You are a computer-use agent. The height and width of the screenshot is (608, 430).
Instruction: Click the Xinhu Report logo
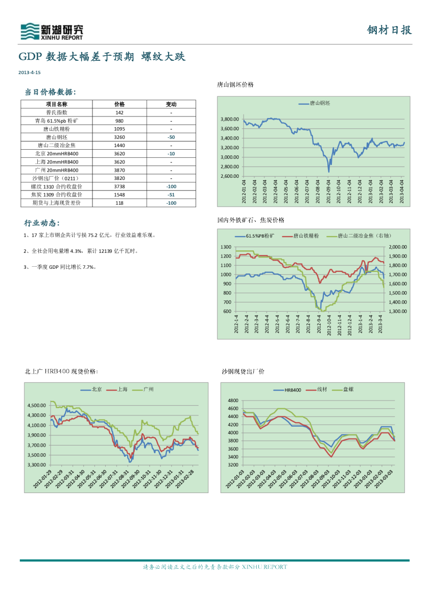[51, 32]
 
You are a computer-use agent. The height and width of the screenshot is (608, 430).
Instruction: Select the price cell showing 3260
[120, 137]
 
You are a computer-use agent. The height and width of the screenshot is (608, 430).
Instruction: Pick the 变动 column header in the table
[171, 104]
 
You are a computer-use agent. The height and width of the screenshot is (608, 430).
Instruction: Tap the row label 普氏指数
[57, 112]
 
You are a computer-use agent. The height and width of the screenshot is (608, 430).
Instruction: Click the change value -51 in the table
[171, 195]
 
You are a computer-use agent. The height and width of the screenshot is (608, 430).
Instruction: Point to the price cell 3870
[120, 170]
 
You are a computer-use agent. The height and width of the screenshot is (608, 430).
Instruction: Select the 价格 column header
[120, 104]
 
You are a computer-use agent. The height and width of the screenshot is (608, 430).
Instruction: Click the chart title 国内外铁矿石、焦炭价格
[250, 220]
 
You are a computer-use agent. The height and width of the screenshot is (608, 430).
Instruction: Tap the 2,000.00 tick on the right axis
[397, 247]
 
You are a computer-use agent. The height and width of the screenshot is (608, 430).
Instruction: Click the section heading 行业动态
[41, 223]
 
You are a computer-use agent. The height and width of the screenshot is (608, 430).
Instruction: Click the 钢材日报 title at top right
[389, 30]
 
